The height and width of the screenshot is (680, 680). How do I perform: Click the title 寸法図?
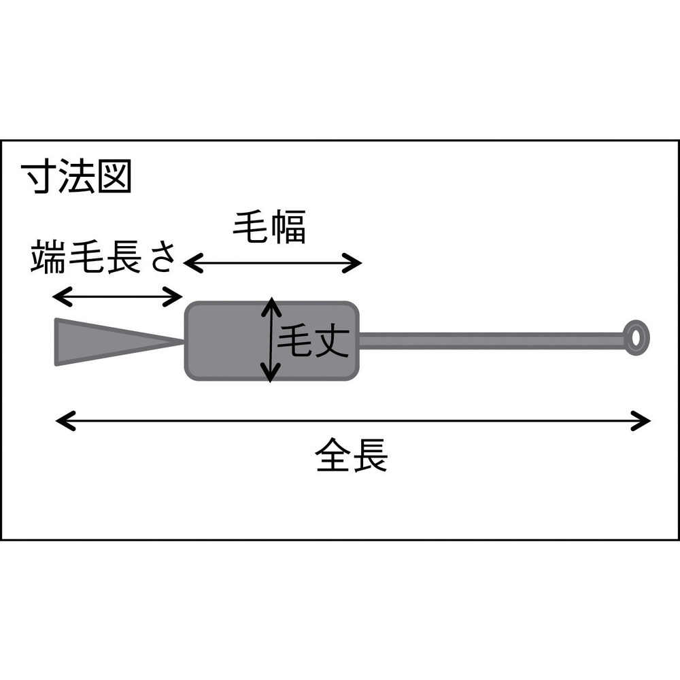pos(77,176)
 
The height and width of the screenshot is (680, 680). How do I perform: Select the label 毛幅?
pos(269,227)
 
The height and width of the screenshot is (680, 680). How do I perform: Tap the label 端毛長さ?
pos(103,257)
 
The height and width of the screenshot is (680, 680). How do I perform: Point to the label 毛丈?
pos(313,341)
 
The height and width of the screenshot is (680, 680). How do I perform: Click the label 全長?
pos(352,456)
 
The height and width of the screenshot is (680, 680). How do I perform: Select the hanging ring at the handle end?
pos(636,338)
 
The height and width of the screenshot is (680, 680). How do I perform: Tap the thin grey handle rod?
pos(492,340)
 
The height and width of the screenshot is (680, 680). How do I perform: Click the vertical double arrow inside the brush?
pos(271,340)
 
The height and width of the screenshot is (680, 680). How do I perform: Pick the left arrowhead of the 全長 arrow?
pos(65,421)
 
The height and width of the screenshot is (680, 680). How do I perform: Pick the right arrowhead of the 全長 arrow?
pos(641,421)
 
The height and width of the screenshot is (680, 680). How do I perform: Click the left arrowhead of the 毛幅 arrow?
pos(193,262)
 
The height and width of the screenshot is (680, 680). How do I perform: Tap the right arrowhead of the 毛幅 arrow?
pos(352,262)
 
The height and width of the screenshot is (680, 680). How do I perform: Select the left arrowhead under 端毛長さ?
pos(62,296)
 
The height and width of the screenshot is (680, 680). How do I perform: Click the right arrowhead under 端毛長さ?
pos(172,296)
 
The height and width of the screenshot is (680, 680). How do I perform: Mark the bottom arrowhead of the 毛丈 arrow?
pos(271,373)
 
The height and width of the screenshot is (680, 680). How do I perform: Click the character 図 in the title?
pos(114,176)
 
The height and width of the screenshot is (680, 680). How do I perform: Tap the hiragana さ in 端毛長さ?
pos(163,258)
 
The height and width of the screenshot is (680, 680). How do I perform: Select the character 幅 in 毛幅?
pos(288,227)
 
